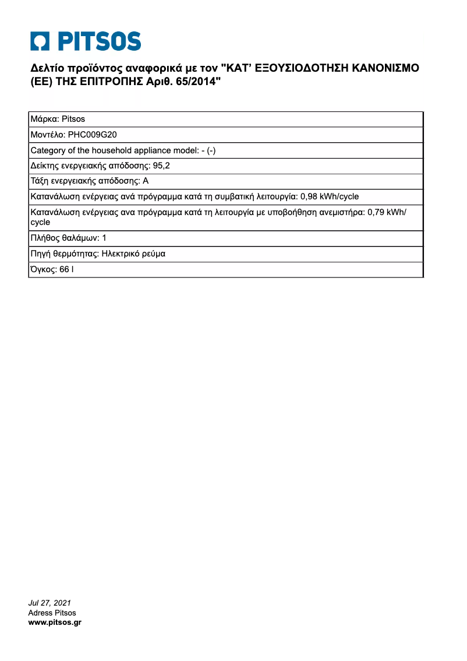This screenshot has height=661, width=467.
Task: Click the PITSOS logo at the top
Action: coord(86,41)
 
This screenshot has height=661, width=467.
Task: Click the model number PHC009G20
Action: coord(93,135)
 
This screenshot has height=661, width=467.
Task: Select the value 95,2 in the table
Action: coord(161,166)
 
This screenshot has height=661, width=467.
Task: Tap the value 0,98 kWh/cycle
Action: coord(330,196)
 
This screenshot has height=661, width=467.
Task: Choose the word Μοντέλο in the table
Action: coord(48,135)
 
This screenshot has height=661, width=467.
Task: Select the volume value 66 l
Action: coord(66,270)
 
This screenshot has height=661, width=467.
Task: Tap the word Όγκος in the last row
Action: coord(43,270)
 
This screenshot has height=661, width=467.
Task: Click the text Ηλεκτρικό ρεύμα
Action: coord(133,254)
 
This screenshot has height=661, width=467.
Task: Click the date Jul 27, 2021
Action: coord(49,603)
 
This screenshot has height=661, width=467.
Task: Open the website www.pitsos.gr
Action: coord(55,623)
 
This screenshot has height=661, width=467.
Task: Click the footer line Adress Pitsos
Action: coord(52,613)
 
